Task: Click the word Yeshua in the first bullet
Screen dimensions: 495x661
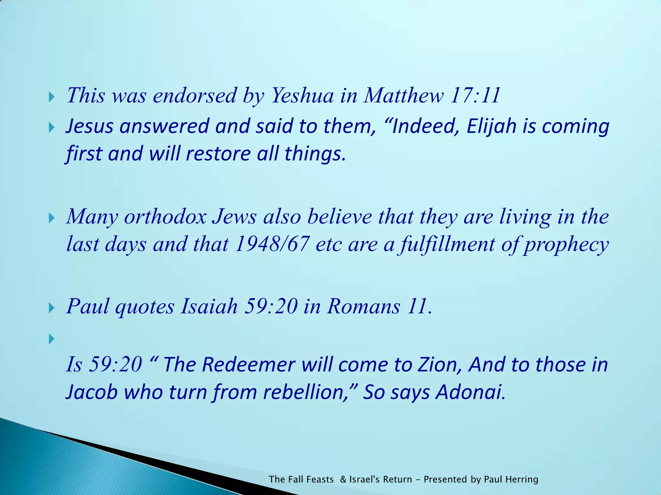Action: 302,96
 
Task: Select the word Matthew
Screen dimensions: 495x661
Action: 403,96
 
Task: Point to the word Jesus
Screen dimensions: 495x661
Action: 89,126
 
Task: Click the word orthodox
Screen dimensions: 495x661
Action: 165,217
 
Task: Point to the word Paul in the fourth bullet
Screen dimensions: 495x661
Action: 88,306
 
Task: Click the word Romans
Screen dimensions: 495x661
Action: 363,306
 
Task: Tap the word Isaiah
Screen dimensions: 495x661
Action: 209,306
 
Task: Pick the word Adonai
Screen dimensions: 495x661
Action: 470,393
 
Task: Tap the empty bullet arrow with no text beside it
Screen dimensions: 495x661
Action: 51,339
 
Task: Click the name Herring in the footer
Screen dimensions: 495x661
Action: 522,480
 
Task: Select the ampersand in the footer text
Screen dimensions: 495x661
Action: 343,480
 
